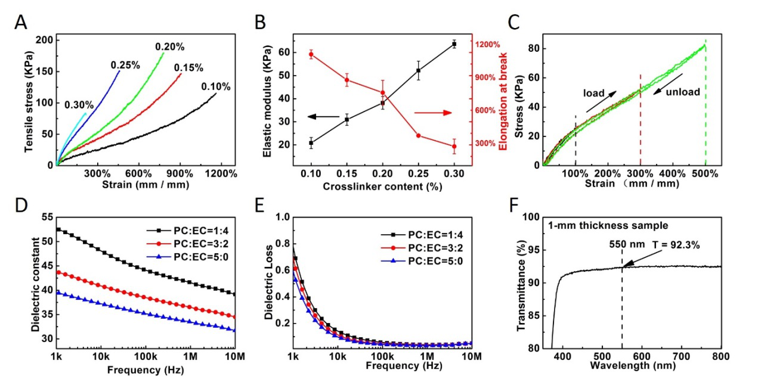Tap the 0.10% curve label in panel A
(215, 86)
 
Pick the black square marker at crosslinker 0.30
(454, 44)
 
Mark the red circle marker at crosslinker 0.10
(311, 55)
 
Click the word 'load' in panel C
(594, 93)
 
